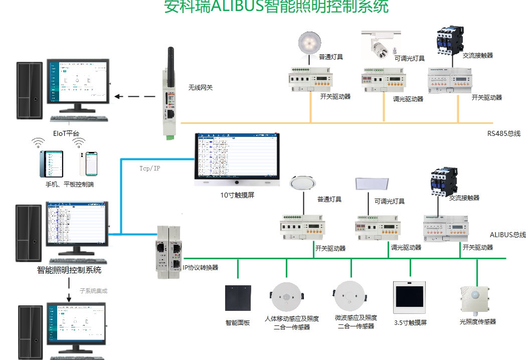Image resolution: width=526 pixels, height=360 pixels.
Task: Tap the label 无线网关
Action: click(x=201, y=88)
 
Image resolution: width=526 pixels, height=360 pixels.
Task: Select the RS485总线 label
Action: click(x=504, y=133)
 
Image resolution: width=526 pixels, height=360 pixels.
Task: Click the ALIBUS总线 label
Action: click(x=507, y=235)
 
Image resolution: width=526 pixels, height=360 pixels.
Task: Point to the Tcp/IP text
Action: click(x=150, y=168)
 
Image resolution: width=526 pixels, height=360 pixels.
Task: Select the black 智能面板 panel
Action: click(x=238, y=300)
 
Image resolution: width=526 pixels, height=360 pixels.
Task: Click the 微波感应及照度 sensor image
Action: click(x=350, y=296)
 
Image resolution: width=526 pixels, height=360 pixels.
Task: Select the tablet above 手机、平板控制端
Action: click(x=53, y=164)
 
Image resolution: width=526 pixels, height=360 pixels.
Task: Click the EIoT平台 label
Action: click(x=66, y=133)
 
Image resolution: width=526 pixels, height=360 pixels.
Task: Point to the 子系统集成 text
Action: click(x=94, y=290)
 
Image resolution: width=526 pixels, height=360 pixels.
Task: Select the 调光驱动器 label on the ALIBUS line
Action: click(x=406, y=248)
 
